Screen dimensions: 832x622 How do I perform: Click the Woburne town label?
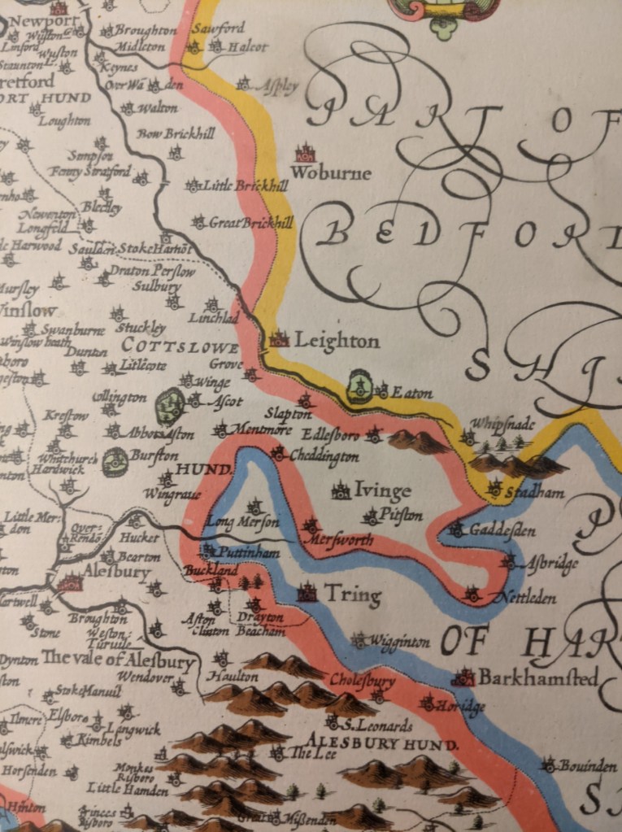pyautogui.click(x=330, y=173)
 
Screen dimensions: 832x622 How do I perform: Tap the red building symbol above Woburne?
pyautogui.click(x=305, y=153)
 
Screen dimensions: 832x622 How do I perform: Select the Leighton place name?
pyautogui.click(x=336, y=341)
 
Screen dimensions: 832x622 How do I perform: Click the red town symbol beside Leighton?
pyautogui.click(x=280, y=339)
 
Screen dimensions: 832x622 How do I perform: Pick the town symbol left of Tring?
pyautogui.click(x=307, y=592)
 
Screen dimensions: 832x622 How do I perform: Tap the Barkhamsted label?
pyautogui.click(x=537, y=677)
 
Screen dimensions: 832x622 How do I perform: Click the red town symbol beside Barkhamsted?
pyautogui.click(x=463, y=677)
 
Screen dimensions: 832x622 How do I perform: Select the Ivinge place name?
pyautogui.click(x=382, y=490)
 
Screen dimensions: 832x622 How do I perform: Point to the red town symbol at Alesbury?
pyautogui.click(x=71, y=582)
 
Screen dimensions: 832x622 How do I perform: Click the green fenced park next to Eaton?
pyautogui.click(x=359, y=386)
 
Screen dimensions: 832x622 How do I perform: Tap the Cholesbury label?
pyautogui.click(x=362, y=678)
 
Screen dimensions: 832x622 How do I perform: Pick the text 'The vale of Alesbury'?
pyautogui.click(x=118, y=658)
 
